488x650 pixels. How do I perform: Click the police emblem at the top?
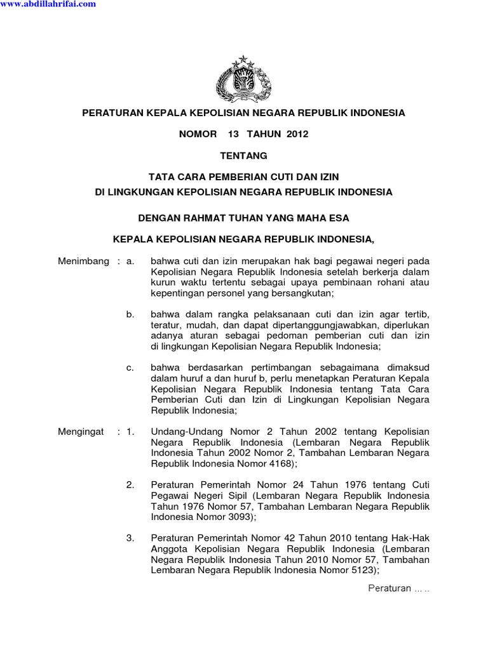click(244, 79)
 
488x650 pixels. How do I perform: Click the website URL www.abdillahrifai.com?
click(48, 4)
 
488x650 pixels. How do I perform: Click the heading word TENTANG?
click(243, 156)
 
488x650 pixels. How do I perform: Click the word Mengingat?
click(81, 432)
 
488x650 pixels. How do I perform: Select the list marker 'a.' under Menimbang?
click(130, 262)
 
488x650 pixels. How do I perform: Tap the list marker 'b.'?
click(130, 315)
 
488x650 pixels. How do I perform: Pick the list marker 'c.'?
click(130, 368)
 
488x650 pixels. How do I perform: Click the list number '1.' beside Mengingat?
click(130, 432)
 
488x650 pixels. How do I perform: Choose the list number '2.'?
click(130, 485)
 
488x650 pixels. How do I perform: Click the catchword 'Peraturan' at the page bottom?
click(390, 588)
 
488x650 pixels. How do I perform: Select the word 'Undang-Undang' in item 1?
click(182, 432)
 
